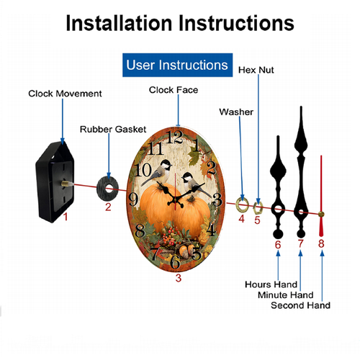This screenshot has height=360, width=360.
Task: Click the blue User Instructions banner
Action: coord(177,65)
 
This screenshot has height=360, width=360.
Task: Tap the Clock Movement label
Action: coord(65,94)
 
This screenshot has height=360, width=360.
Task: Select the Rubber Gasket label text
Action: coord(113,129)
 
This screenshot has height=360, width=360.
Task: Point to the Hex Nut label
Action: coord(256,70)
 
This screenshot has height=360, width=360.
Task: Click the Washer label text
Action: coord(236,112)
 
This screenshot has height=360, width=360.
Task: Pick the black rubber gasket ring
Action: coord(107,189)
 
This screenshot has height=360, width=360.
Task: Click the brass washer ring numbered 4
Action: coord(243,205)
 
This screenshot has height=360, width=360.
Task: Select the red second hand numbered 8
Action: coord(321,196)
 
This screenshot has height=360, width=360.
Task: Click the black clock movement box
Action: coord(55,181)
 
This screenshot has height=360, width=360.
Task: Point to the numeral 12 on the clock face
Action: coord(174,138)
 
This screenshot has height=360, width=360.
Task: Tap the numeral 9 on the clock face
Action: coord(133,199)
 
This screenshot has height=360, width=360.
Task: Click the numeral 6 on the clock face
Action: coord(175,262)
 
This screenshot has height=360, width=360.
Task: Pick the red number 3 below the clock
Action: coord(179,278)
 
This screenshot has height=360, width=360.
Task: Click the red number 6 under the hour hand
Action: coord(278,245)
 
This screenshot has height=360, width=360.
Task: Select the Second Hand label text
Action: coord(300,305)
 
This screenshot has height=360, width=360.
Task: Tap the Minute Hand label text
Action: coord(286,294)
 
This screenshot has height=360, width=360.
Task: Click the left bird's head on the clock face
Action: coord(166,165)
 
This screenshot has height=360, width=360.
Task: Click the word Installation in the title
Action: coord(119,23)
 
